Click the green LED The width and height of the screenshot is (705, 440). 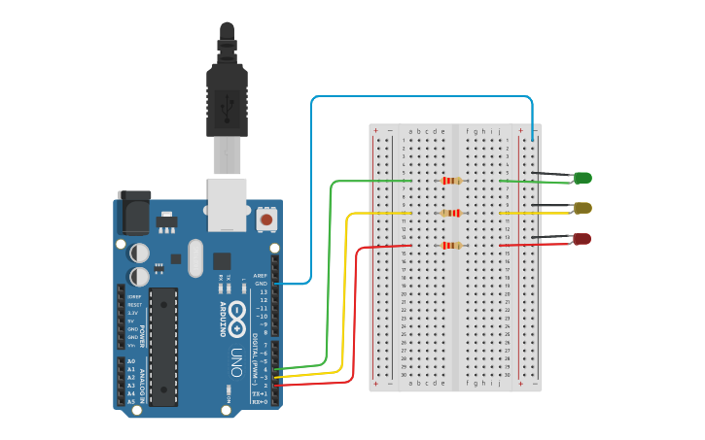(x=582, y=178)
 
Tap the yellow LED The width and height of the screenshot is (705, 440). (x=582, y=208)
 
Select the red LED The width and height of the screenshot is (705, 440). (x=582, y=239)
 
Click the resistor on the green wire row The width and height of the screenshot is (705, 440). (x=451, y=181)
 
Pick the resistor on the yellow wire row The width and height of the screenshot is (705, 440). (x=450, y=213)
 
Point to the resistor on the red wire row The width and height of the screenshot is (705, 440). (x=450, y=245)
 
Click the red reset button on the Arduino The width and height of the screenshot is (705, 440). (x=265, y=220)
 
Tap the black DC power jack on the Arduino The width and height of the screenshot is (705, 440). (x=134, y=212)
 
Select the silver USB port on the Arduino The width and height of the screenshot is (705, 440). (x=228, y=205)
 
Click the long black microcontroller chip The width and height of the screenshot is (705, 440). (x=163, y=346)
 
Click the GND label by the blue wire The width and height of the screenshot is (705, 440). (x=261, y=284)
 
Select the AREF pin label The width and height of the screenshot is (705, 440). (x=260, y=276)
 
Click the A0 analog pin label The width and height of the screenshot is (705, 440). (x=131, y=361)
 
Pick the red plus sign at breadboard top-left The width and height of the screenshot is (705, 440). (x=375, y=130)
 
